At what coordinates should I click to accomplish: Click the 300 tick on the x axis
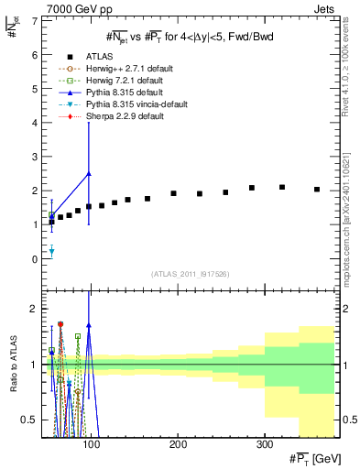(x=264, y=444)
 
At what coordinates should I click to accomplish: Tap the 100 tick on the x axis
(x=91, y=444)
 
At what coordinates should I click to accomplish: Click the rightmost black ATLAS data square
(x=317, y=190)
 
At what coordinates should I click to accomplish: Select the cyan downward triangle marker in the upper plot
(x=51, y=251)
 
